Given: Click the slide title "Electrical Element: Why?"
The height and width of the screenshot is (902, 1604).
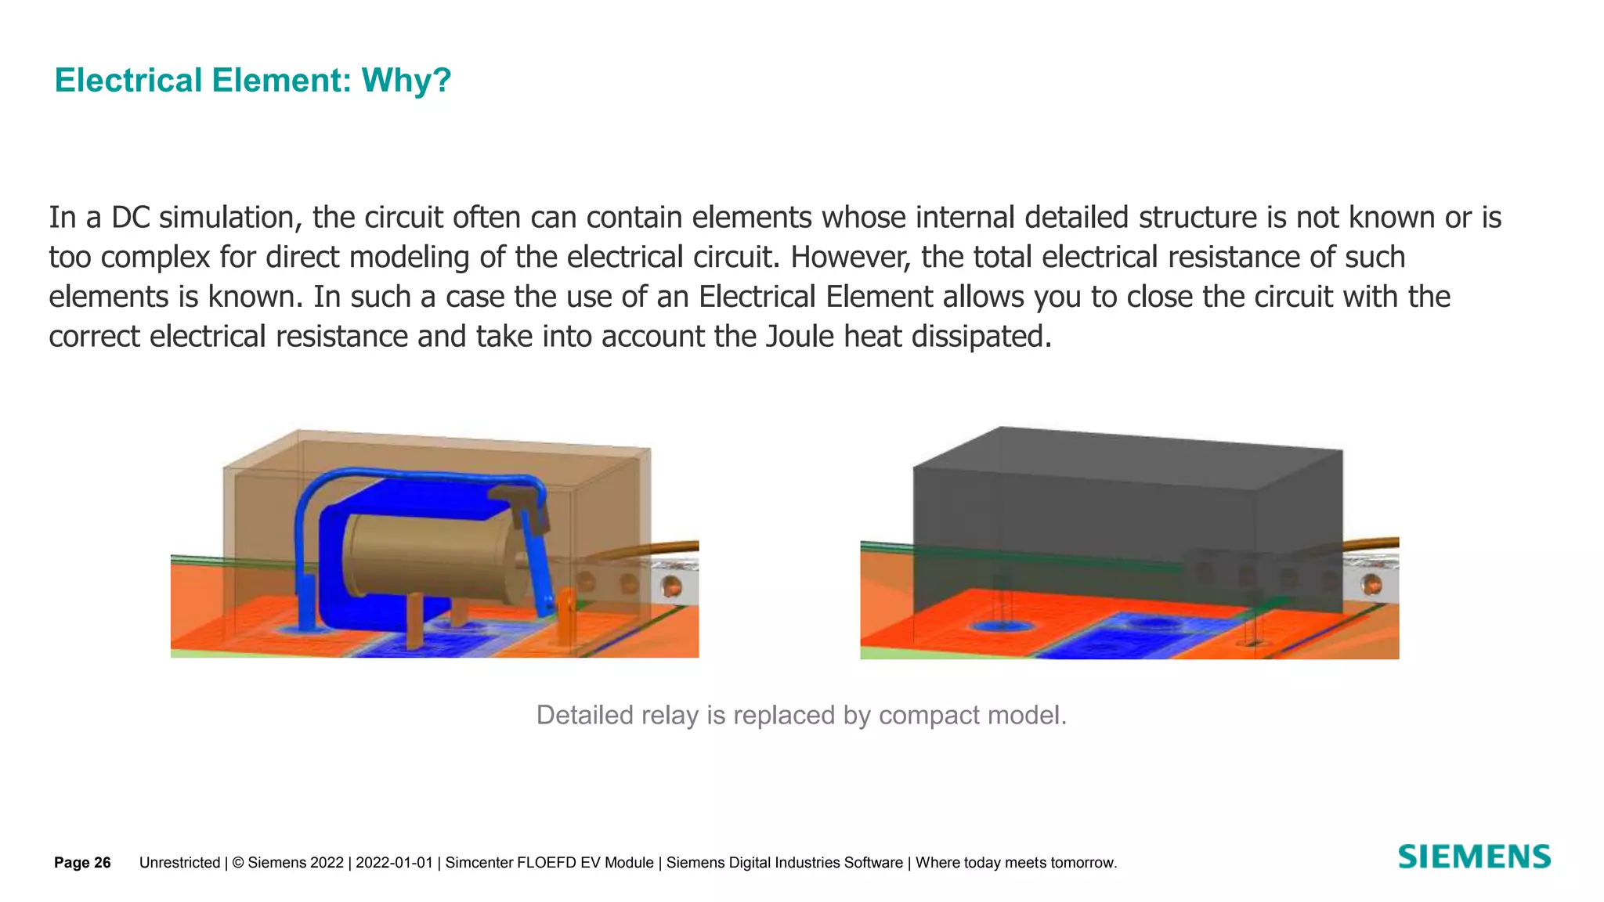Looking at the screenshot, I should pyautogui.click(x=252, y=81).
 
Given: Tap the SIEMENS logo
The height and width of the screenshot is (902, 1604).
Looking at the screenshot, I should pyautogui.click(x=1474, y=857).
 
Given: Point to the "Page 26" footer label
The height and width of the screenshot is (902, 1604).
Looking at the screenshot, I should pyautogui.click(x=82, y=863).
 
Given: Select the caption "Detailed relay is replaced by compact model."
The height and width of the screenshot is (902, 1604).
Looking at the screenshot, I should pyautogui.click(x=801, y=715).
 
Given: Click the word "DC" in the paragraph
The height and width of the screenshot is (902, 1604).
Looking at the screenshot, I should pyautogui.click(x=130, y=218).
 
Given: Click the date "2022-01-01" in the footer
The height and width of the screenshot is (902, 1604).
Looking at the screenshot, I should pyautogui.click(x=394, y=863).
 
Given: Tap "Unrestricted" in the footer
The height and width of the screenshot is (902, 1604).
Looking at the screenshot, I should pyautogui.click(x=179, y=863).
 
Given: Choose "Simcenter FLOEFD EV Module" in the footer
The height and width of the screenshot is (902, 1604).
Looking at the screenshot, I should pyautogui.click(x=549, y=863).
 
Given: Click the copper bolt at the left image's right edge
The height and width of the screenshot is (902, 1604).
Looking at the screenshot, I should pyautogui.click(x=671, y=586).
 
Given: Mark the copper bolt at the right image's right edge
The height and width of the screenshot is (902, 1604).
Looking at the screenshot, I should pyautogui.click(x=1371, y=585).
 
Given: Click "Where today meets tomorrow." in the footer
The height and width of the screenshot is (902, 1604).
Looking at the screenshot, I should pyautogui.click(x=1016, y=863).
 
